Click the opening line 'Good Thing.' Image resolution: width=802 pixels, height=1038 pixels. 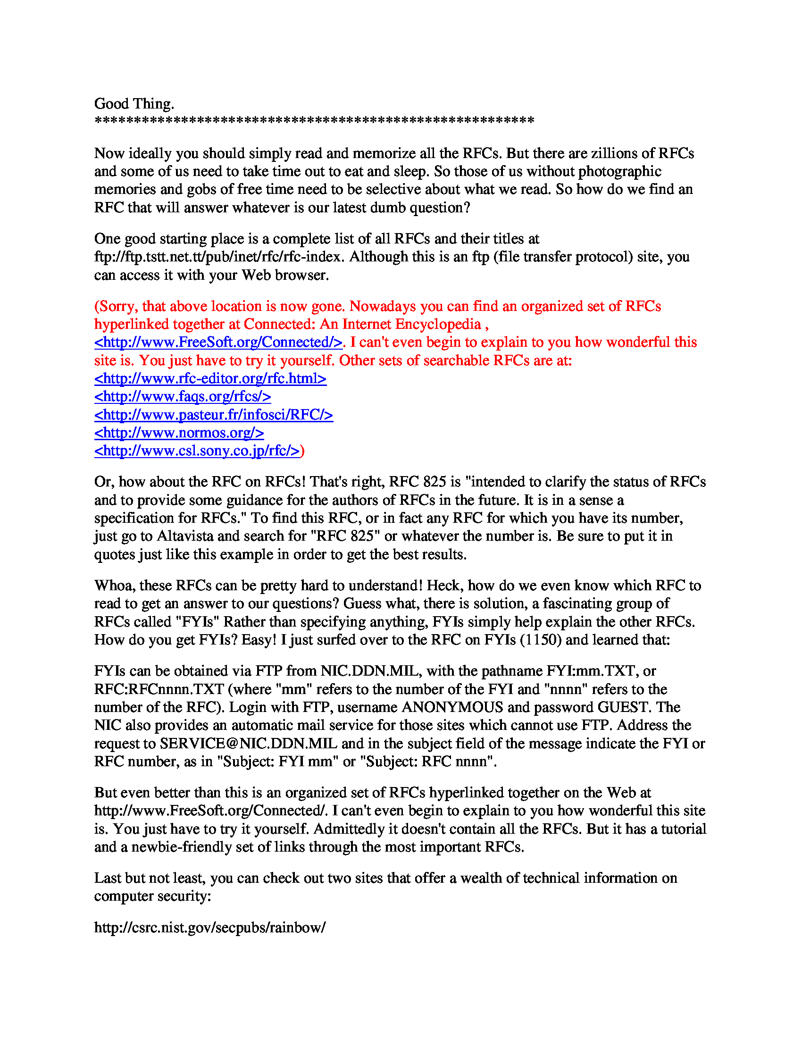point(134,104)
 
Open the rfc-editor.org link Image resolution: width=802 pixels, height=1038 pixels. point(210,378)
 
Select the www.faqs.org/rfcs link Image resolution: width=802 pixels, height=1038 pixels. point(183,396)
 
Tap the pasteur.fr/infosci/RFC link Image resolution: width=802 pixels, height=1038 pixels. point(213,415)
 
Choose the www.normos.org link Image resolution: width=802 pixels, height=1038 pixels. point(179,433)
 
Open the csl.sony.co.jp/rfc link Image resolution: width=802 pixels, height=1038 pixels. point(197,451)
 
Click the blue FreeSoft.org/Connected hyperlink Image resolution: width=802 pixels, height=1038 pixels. point(218,342)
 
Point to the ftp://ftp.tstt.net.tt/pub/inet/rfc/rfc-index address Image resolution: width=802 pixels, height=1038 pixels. point(218,257)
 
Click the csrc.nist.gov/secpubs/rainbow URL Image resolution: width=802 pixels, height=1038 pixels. point(209,927)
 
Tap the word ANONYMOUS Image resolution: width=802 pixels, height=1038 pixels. point(452,707)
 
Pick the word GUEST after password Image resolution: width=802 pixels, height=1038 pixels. point(623,707)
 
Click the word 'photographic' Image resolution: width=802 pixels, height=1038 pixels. point(619,171)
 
